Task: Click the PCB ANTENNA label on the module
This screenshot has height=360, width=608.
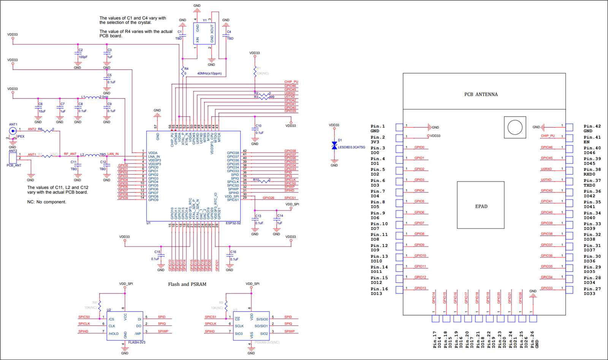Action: pos(481,94)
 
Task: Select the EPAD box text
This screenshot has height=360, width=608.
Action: pos(481,206)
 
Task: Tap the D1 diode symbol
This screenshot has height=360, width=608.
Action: pos(334,146)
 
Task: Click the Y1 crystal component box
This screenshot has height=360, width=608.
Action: pos(204,34)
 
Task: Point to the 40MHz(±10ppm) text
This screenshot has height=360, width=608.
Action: pos(209,73)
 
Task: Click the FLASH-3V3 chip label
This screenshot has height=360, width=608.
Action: pos(136,343)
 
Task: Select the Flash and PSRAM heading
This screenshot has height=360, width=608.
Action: pos(187,284)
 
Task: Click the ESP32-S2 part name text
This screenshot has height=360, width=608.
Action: pos(233,223)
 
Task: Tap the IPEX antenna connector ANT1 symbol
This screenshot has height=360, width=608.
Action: pos(13,131)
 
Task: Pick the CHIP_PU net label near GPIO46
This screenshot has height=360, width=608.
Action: pos(291,82)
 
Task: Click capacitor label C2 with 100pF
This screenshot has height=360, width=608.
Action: pos(81,50)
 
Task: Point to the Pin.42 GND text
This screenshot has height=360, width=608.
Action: pos(592,128)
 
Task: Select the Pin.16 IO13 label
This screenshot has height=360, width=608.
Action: pos(379,291)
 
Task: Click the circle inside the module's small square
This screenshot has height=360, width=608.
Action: pos(515,127)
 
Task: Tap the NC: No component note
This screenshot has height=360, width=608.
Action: pos(47,202)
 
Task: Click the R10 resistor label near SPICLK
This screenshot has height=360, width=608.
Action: pos(256,180)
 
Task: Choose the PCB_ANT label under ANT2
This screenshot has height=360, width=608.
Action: pos(14,165)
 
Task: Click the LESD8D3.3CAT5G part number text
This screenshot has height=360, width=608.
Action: pos(351,147)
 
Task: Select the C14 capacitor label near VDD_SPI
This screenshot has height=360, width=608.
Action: pos(280,216)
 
